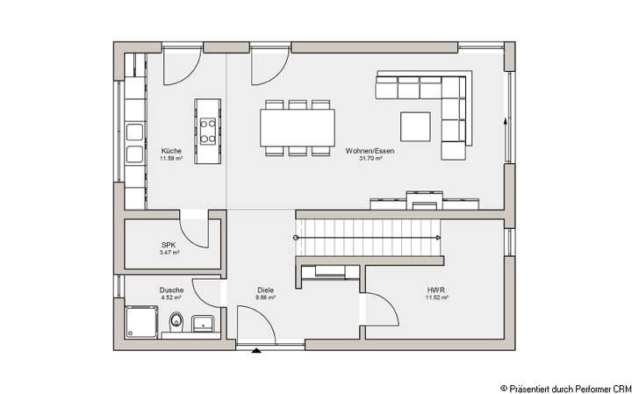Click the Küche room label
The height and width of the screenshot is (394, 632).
click(x=170, y=151)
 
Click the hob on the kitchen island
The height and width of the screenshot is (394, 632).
click(x=208, y=131)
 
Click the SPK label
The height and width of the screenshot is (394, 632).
click(x=169, y=245)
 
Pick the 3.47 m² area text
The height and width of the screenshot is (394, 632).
click(x=169, y=253)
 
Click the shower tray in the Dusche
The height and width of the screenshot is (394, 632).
click(x=140, y=321)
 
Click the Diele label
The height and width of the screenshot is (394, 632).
click(x=266, y=290)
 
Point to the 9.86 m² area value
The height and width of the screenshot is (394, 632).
click(x=266, y=297)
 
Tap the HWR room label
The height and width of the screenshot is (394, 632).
click(x=437, y=290)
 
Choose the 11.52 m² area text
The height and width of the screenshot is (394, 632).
click(x=437, y=297)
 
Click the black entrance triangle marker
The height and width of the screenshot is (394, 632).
click(x=256, y=351)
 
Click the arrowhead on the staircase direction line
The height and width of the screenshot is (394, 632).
click(x=437, y=238)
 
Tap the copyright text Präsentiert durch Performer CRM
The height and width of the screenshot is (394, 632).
click(x=565, y=386)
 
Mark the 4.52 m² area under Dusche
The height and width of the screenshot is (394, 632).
click(x=170, y=297)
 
